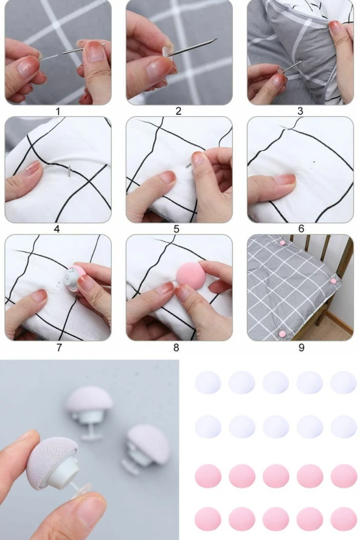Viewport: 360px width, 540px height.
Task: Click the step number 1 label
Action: point(58,111)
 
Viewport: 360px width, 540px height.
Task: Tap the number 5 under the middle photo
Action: point(176,229)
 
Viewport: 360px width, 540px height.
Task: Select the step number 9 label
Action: point(301,347)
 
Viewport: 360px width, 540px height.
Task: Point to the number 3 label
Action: point(300,111)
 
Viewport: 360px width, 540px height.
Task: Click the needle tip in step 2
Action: point(216,39)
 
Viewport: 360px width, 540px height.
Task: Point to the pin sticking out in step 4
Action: point(69,171)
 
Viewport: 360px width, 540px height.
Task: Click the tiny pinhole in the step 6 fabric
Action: point(313,161)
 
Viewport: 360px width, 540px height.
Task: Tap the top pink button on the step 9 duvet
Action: point(283,243)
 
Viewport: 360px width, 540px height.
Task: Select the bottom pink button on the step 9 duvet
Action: point(282,333)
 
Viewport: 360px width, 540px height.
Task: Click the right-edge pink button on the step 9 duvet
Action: point(333,281)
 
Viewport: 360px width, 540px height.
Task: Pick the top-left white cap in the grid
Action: point(208,382)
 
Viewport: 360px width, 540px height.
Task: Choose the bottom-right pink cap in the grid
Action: point(344,519)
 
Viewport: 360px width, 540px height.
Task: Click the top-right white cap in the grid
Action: point(344,382)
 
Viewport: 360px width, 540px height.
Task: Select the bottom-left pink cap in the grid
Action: point(208,519)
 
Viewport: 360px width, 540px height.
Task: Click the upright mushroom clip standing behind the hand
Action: point(89,412)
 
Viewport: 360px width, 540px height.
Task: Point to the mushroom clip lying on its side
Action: point(145,448)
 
